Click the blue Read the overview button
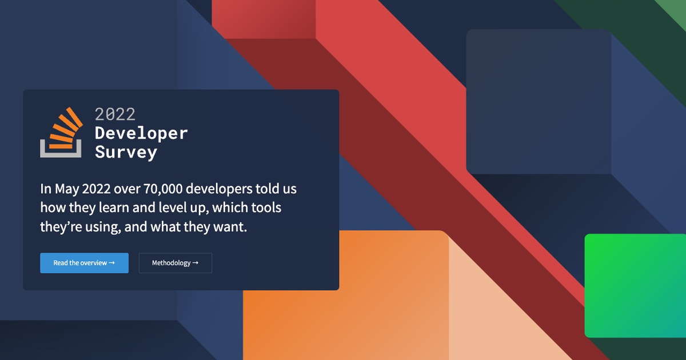point(84,263)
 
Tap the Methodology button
point(176,263)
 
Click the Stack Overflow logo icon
point(61,133)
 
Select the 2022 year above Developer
point(115,114)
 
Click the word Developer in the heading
point(141,134)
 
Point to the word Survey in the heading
point(126,153)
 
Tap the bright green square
point(636,286)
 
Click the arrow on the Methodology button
point(196,263)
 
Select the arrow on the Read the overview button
point(112,263)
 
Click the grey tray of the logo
point(61,155)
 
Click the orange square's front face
point(346,295)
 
